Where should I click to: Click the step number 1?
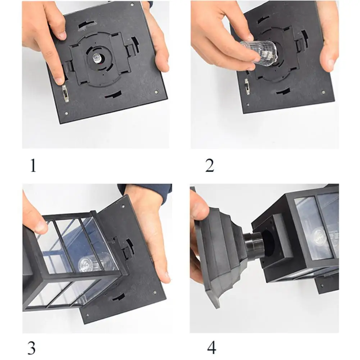coord(33,165)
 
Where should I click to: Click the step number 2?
coord(210,165)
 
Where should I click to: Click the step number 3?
coord(31,348)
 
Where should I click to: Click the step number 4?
coord(211,348)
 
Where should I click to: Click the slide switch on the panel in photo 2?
coord(247,86)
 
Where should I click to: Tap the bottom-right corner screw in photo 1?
coord(156,92)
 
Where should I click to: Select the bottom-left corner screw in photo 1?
coord(67,113)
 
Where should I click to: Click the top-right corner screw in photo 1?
coord(132,4)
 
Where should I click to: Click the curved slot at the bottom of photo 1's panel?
coord(113,94)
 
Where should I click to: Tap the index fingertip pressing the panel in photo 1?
coord(60,79)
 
